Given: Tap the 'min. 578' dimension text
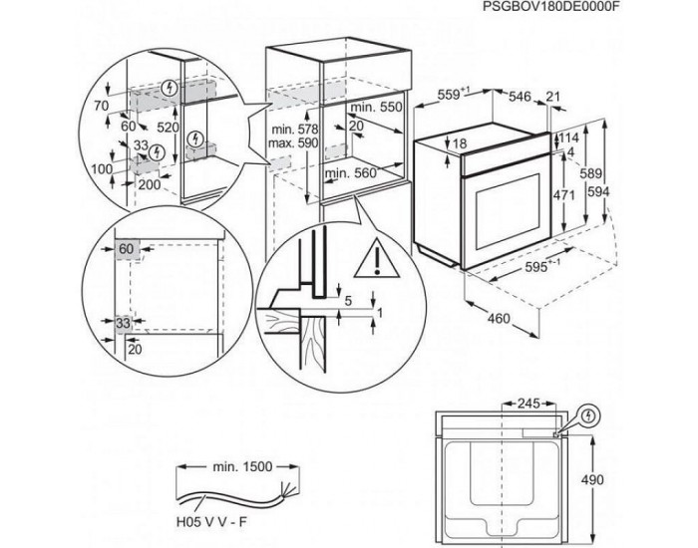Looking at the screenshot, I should tap(295, 132).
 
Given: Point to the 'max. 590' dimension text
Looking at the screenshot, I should tap(295, 145).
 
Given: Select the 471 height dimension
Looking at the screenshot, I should tap(564, 195).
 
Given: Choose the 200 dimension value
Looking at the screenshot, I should tap(150, 184).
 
